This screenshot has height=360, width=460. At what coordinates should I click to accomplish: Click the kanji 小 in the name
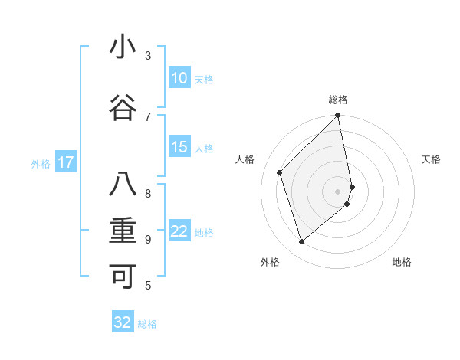[123, 47]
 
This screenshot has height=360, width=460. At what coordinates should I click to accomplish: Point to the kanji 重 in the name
[123, 231]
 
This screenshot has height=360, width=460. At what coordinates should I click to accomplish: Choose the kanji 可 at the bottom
[123, 277]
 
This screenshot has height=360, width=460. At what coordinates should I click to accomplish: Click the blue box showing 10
[179, 78]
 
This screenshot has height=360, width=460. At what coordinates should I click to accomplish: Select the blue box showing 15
[179, 148]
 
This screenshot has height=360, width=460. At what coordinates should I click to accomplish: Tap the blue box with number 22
[179, 232]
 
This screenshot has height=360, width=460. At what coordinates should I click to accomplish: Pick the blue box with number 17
[66, 162]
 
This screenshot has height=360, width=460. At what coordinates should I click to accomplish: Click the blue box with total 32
[123, 323]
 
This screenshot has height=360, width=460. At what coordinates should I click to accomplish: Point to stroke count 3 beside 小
[148, 56]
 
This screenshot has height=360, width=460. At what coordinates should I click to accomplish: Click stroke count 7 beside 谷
[148, 116]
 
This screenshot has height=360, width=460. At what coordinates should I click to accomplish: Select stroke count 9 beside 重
[148, 239]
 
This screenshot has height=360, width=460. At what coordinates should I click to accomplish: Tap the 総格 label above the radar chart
[338, 100]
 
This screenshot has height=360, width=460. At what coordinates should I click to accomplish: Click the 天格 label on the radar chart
[431, 159]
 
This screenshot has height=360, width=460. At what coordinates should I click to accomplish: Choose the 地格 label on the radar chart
[402, 262]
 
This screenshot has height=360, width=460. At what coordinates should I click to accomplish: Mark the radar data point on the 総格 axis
[338, 116]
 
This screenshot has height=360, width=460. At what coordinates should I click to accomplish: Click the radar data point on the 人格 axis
[280, 172]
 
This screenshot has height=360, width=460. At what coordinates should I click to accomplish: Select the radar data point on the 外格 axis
[302, 242]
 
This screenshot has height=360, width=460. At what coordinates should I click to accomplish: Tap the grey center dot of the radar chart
[338, 191]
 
